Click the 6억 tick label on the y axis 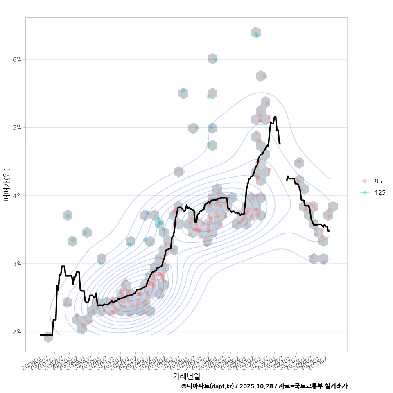[x=17, y=59]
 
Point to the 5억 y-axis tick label [x=17, y=127]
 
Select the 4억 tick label [x=17, y=195]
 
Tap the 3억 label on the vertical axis [x=17, y=263]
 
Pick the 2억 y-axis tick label [x=17, y=331]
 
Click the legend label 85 [x=378, y=181]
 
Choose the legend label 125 [x=380, y=192]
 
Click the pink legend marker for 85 [x=365, y=181]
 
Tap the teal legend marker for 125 [x=365, y=192]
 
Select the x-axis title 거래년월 [x=186, y=376]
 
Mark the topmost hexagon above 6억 [x=256, y=33]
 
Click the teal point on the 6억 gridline [x=215, y=59]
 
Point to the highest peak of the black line [x=275, y=117]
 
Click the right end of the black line [x=328, y=231]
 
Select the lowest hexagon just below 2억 [x=48, y=337]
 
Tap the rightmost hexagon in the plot [x=333, y=207]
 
